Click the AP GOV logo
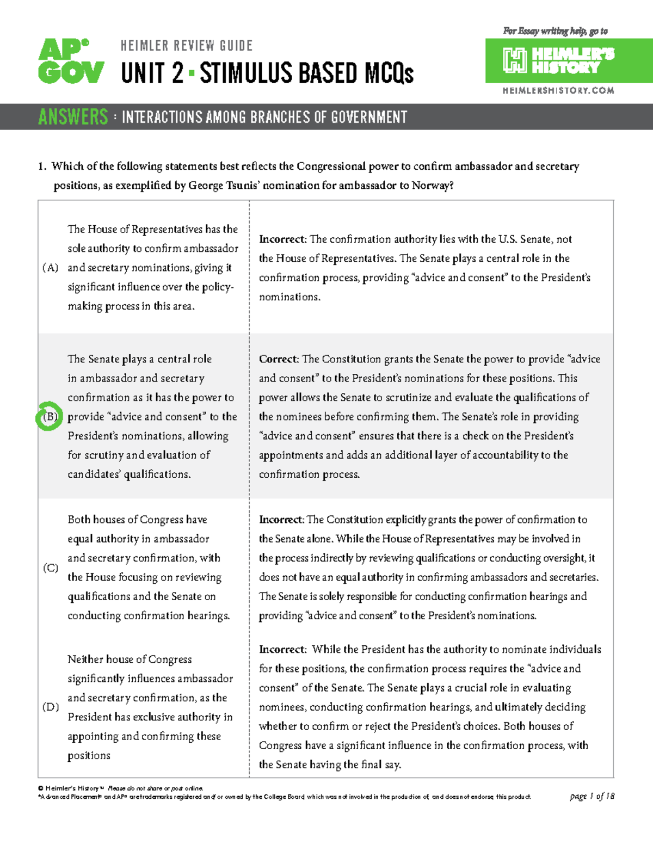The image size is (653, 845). pos(71,61)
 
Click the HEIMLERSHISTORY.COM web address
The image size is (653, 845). pos(558,91)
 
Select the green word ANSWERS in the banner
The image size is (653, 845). pos(73,117)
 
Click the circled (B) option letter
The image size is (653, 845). pos(50,417)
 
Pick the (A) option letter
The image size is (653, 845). pos(50,268)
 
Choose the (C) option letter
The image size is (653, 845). pos(51,568)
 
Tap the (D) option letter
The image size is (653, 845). pos(51,707)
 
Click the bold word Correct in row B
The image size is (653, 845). pos(278,359)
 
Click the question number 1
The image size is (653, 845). pos(42,166)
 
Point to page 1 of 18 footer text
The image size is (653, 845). pos(592,796)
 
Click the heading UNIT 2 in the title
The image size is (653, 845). pos(152,73)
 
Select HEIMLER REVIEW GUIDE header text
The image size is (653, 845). pos(187,46)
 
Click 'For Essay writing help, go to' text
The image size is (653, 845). pos(555,31)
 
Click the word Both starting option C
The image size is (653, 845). pos(79,520)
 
